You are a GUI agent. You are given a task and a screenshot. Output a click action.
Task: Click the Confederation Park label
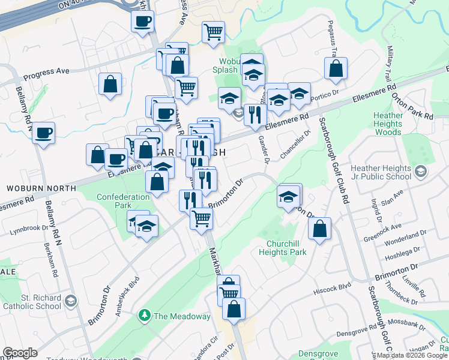pyautogui.click(x=123, y=201)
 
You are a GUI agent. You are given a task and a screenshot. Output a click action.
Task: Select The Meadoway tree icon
pyautogui.click(x=144, y=315)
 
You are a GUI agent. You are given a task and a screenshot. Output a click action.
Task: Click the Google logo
pyautogui.click(x=20, y=353)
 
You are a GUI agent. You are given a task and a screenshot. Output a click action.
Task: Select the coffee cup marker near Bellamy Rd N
pyautogui.click(x=43, y=133)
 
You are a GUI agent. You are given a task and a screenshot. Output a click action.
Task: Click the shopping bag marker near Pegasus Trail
pyautogui.click(x=336, y=68)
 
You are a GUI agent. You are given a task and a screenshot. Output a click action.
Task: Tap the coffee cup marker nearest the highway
pyautogui.click(x=142, y=22)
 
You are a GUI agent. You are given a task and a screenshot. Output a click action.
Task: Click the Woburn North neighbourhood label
pyautogui.click(x=41, y=188)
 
